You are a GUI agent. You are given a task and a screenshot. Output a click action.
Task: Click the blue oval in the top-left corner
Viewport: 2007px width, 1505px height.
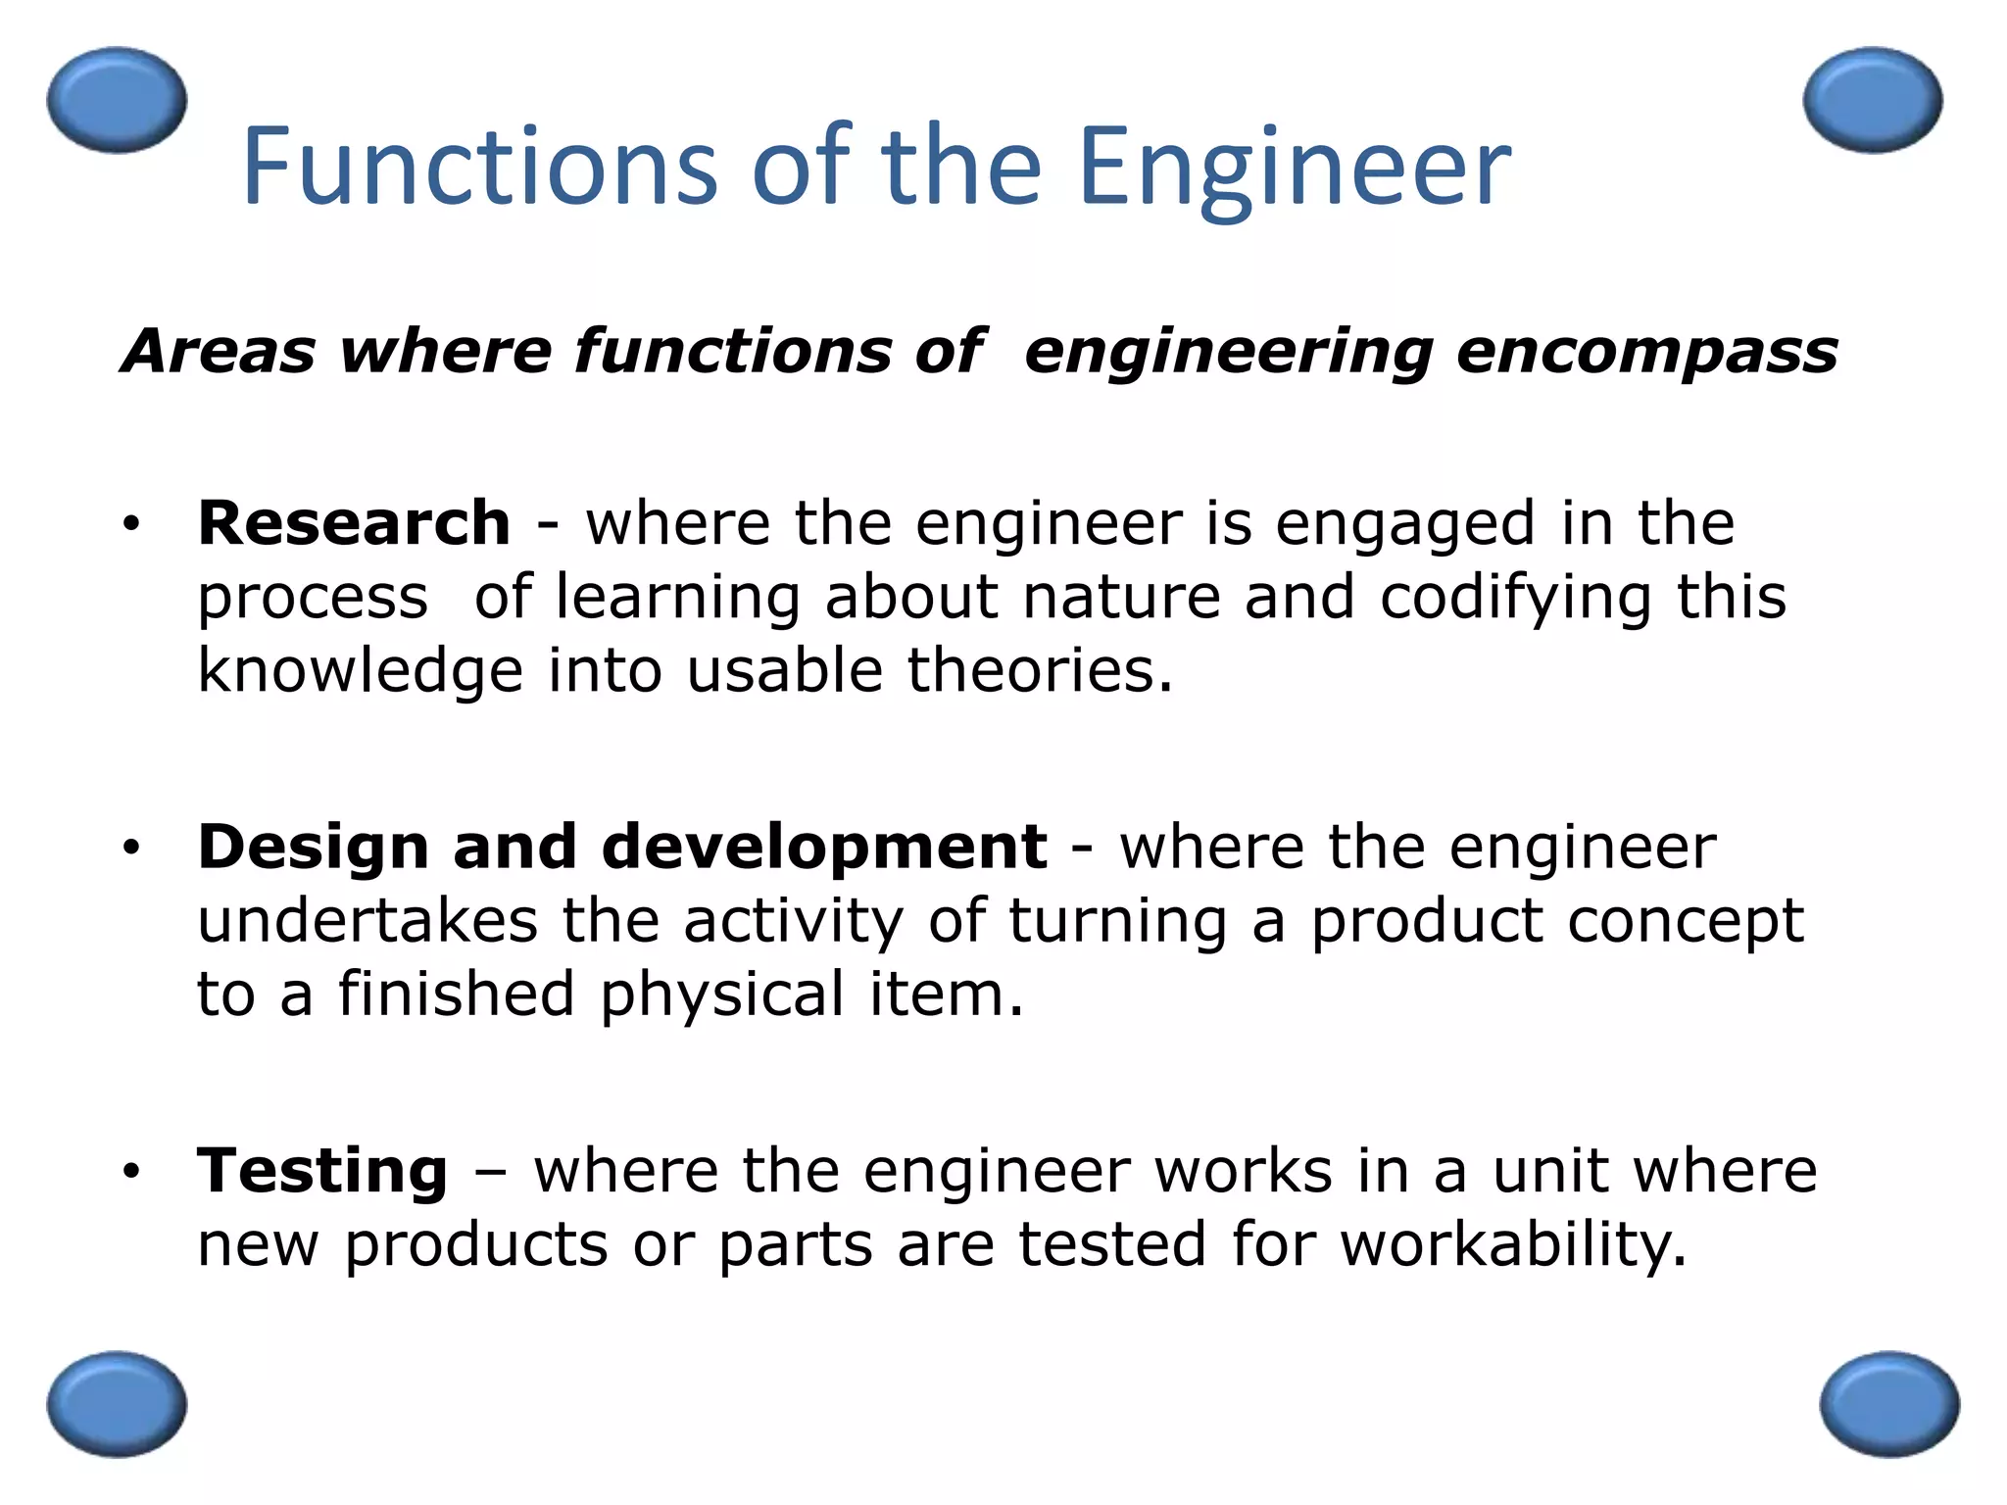pyautogui.click(x=117, y=100)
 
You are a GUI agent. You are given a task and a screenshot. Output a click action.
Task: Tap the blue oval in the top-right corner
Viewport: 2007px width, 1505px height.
pyautogui.click(x=1873, y=100)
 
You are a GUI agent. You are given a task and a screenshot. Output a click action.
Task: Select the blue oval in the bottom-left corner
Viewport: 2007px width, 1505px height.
pyautogui.click(x=117, y=1404)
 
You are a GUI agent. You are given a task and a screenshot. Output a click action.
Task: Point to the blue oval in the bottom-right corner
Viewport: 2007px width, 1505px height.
pyautogui.click(x=1889, y=1404)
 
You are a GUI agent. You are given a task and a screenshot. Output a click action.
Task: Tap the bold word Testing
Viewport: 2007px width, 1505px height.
pyautogui.click(x=322, y=1170)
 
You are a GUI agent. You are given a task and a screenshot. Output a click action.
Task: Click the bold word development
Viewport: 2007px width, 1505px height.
pyautogui.click(x=823, y=849)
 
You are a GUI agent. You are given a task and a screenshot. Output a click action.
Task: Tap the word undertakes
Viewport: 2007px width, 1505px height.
pyautogui.click(x=367, y=921)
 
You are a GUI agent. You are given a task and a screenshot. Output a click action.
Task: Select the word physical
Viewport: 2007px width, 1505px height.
pyautogui.click(x=722, y=995)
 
